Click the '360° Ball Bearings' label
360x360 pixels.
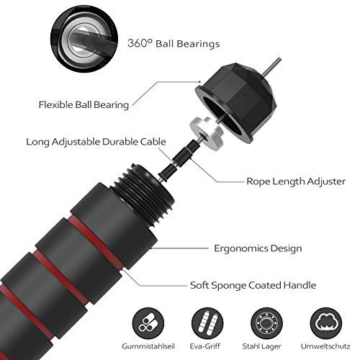[174, 43]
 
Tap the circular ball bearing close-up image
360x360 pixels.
[84, 39]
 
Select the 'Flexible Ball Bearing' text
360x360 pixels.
[84, 105]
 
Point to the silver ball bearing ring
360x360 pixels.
[207, 133]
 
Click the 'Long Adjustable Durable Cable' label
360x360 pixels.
[96, 142]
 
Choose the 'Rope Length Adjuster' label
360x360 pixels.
[296, 181]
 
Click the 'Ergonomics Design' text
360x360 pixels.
[258, 248]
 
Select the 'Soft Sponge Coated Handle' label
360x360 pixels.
[253, 285]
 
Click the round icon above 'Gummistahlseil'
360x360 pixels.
[148, 323]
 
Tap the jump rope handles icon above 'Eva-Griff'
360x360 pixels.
[207, 323]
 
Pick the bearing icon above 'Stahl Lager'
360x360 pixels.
[266, 323]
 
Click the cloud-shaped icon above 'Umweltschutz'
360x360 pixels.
[326, 323]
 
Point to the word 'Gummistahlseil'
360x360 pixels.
[148, 346]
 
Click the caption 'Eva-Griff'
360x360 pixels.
[204, 346]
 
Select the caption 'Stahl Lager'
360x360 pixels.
[261, 346]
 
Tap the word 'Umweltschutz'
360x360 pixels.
[325, 346]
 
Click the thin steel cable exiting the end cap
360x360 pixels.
[271, 66]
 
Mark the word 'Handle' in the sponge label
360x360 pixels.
[300, 285]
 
